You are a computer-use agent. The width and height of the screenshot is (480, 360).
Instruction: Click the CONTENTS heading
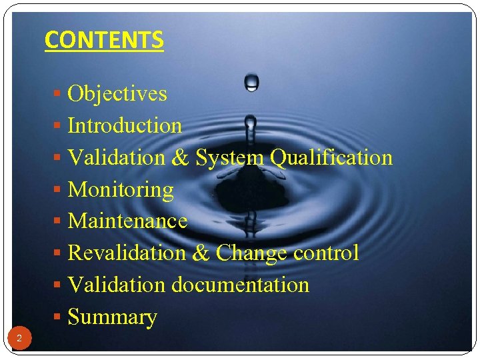(x=104, y=40)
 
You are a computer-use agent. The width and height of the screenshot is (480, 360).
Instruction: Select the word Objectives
(x=117, y=93)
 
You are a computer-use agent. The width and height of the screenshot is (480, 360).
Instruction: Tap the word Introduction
(x=125, y=125)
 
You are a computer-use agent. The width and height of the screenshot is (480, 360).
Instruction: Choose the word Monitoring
(x=121, y=190)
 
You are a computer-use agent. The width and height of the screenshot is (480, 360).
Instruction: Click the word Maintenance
(x=127, y=221)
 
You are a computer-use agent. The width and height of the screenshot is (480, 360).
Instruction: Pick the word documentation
(x=241, y=285)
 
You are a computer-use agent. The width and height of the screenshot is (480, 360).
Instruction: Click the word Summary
(x=113, y=317)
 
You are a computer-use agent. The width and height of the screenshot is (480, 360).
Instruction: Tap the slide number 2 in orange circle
(x=19, y=339)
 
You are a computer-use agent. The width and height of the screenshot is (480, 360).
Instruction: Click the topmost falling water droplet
(x=251, y=82)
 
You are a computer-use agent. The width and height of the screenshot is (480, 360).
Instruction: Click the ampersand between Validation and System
(x=180, y=158)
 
